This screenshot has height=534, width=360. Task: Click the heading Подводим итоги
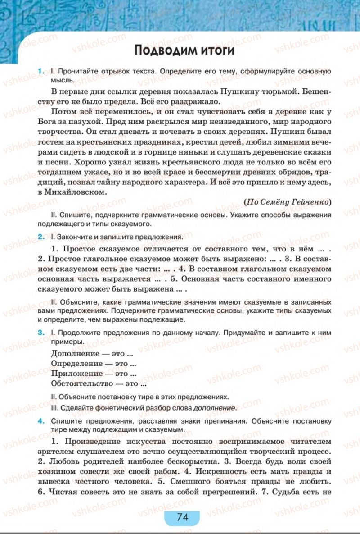[x=184, y=50]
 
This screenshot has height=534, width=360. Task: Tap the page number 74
[x=183, y=517]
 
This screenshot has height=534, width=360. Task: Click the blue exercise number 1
[x=41, y=72]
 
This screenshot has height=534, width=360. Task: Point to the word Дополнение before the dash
[x=75, y=354]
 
